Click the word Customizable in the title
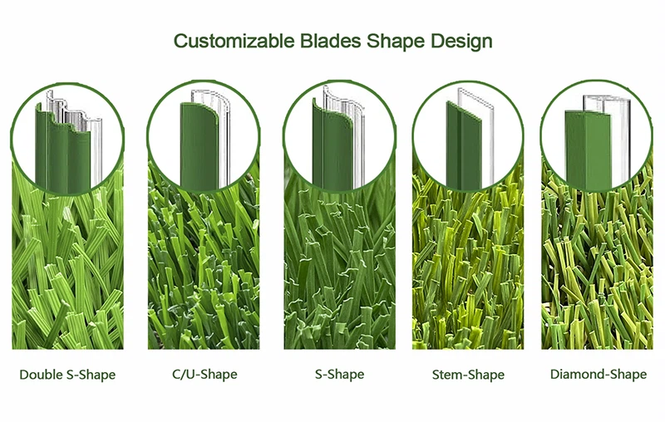pyautogui.click(x=234, y=42)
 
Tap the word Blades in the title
pyautogui.click(x=331, y=41)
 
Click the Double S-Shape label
pyautogui.click(x=67, y=375)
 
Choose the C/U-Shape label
pyautogui.click(x=204, y=375)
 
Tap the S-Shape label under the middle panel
pyautogui.click(x=339, y=375)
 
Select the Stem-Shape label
pyautogui.click(x=468, y=375)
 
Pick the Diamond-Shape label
pyautogui.click(x=598, y=375)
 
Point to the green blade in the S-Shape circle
pyautogui.click(x=332, y=144)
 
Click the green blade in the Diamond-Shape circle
pyautogui.click(x=588, y=150)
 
